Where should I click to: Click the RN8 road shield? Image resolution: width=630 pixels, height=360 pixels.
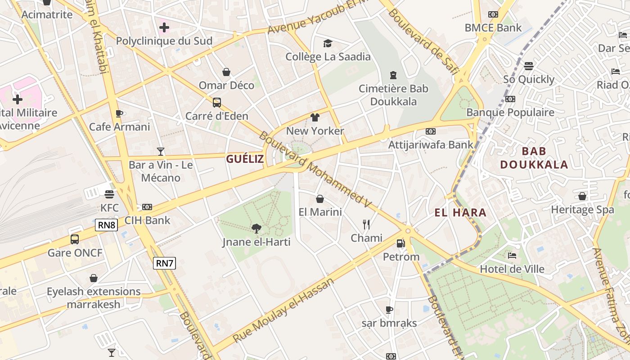click(106, 225)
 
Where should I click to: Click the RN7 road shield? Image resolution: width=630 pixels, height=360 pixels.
click(164, 263)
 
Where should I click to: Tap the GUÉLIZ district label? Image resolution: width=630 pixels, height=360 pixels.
click(245, 158)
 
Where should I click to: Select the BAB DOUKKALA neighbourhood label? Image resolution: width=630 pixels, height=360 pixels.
click(534, 158)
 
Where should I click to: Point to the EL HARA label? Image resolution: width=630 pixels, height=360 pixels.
click(461, 212)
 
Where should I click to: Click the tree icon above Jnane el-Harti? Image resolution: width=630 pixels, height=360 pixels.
click(256, 229)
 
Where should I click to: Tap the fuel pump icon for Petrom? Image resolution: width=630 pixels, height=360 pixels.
click(400, 243)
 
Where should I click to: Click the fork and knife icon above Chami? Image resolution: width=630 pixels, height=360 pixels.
click(366, 224)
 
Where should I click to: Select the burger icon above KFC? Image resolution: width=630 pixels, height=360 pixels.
click(109, 194)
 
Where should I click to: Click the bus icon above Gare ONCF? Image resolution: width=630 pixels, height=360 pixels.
click(75, 239)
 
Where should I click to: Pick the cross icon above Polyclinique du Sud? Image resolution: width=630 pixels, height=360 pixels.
click(164, 27)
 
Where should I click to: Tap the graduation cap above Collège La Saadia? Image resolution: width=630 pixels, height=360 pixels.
click(328, 43)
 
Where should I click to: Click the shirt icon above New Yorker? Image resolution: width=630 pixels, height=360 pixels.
click(315, 117)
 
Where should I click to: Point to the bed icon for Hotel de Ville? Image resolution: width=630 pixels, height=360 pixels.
click(512, 256)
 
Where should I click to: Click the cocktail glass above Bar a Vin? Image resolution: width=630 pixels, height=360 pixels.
click(161, 151)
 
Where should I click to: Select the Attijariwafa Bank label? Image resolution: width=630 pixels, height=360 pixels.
click(431, 144)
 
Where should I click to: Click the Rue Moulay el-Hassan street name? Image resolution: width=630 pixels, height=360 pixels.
click(283, 310)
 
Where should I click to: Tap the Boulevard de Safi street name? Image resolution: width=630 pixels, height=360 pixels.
click(423, 40)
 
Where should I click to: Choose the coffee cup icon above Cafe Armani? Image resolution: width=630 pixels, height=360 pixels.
click(119, 113)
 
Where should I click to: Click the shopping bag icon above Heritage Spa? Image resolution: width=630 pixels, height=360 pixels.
click(582, 196)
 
